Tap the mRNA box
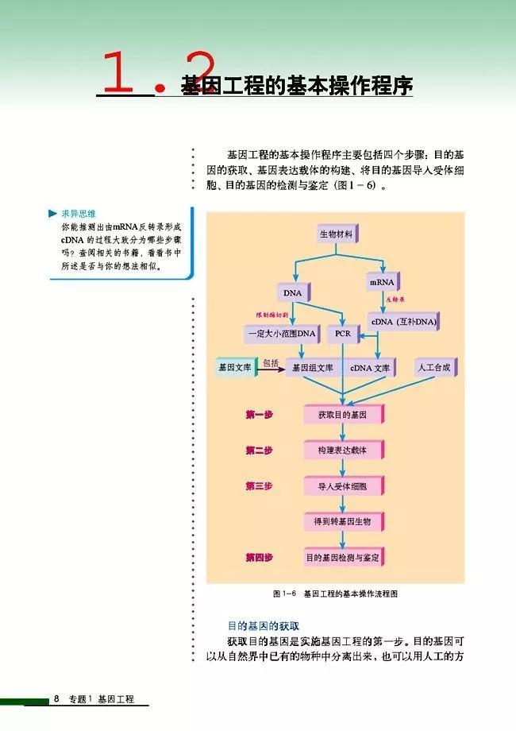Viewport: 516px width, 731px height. [383, 283]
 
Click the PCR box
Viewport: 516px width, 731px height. [343, 335]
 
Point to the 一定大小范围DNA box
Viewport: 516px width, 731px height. [281, 335]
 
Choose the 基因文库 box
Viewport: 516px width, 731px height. [234, 368]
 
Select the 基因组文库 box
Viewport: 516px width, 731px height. [313, 369]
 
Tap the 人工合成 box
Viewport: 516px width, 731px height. [437, 368]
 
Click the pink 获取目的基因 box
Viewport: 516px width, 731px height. [342, 415]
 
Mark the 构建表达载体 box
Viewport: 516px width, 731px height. [342, 451]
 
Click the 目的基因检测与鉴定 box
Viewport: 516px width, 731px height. [342, 558]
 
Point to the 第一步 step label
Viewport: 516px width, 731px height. [259, 415]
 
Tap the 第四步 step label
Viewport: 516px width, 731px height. [259, 558]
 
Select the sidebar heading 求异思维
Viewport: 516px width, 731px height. [79, 214]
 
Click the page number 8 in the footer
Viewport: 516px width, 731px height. [57, 699]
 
